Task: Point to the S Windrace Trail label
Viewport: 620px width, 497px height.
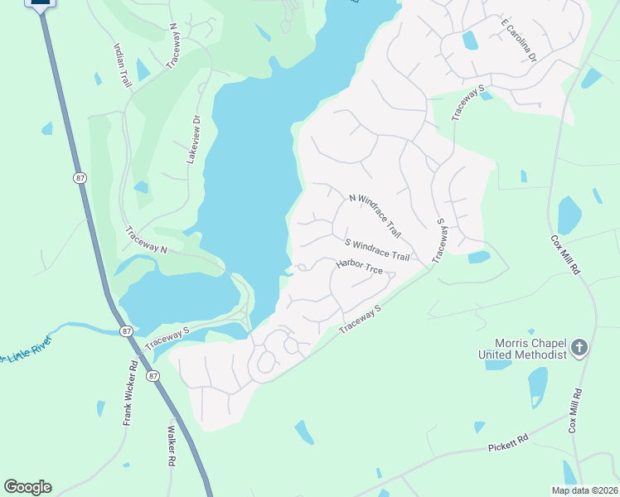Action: (377, 249)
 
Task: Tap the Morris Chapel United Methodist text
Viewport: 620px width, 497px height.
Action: (522, 349)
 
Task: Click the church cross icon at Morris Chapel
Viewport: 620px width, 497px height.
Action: (579, 348)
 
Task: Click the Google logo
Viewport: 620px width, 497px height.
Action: (27, 486)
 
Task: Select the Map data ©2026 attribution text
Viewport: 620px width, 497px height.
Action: (584, 490)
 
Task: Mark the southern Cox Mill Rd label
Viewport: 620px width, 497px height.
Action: (573, 411)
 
